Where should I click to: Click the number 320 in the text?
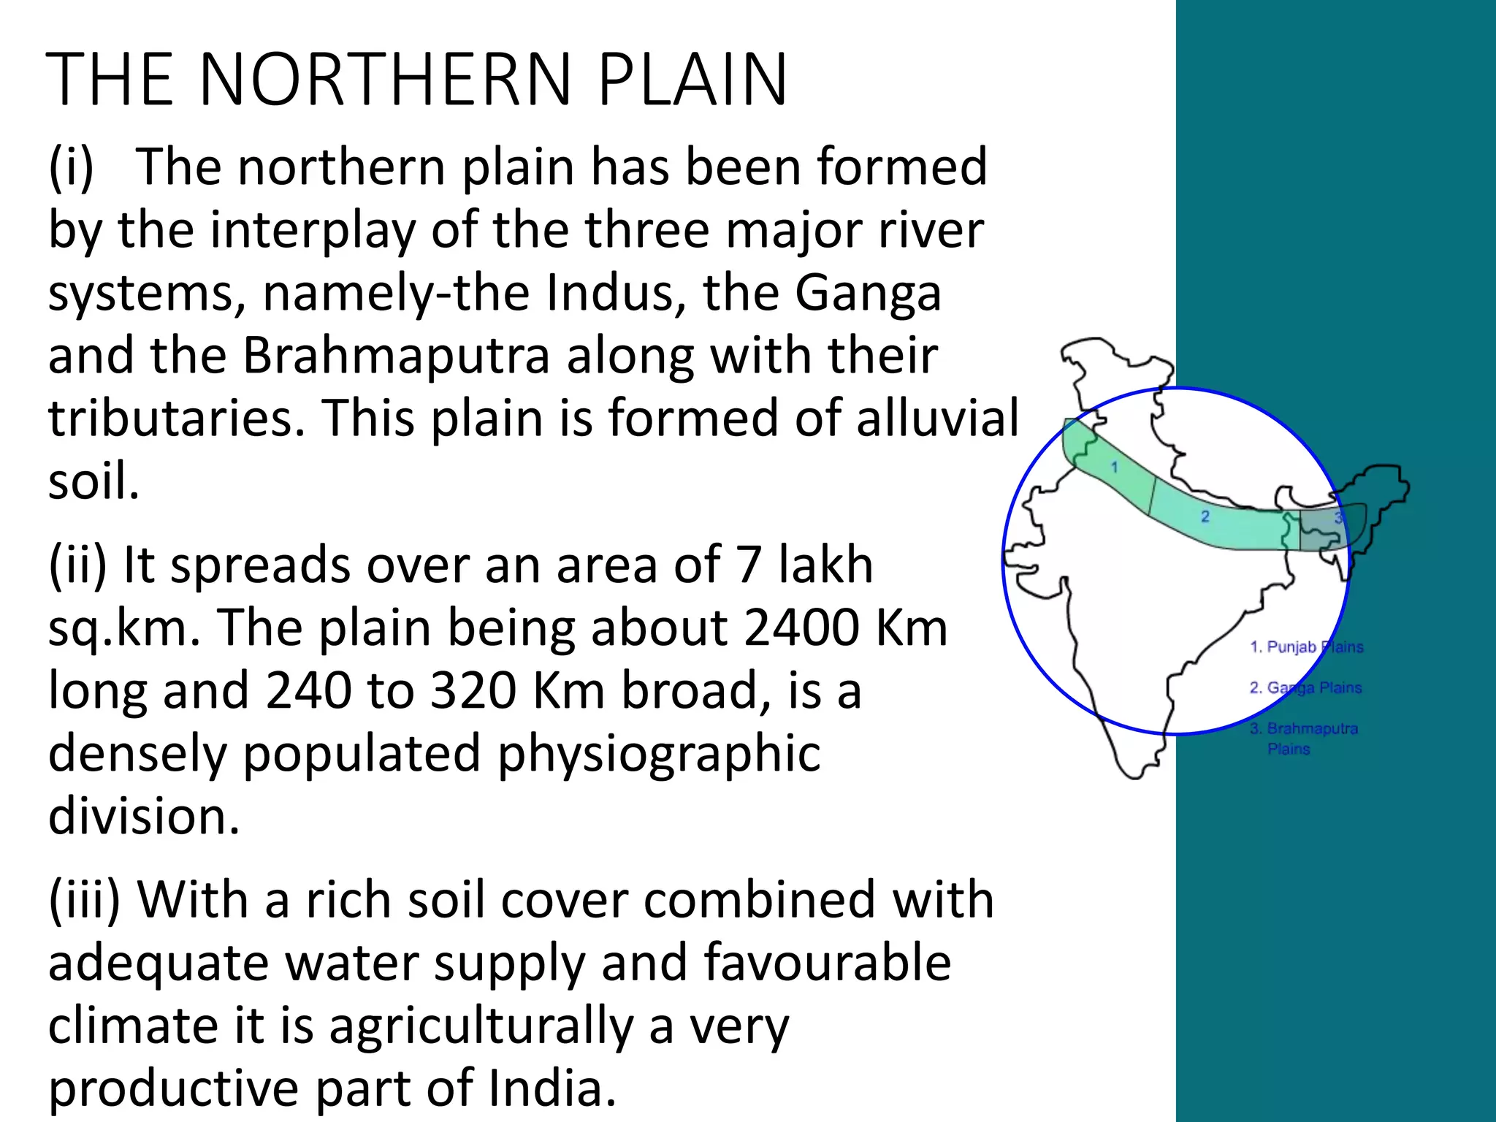pyautogui.click(x=474, y=691)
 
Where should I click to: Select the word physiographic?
pyautogui.click(x=659, y=754)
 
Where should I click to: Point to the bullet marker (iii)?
pyautogui.click(x=84, y=900)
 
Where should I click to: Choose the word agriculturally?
pyautogui.click(x=481, y=1026)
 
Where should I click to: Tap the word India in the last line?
pyautogui.click(x=552, y=1088)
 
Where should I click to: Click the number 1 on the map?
pyautogui.click(x=1115, y=467)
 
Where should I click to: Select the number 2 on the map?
pyautogui.click(x=1205, y=516)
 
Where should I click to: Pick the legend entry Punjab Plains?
pyautogui.click(x=1306, y=647)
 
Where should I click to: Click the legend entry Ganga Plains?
pyautogui.click(x=1306, y=688)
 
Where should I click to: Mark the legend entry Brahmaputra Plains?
pyautogui.click(x=1305, y=738)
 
